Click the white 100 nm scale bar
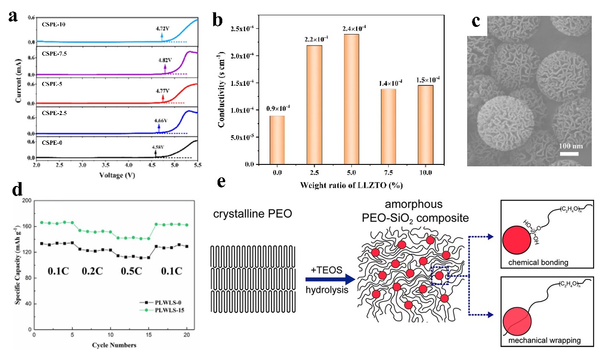[x=570, y=154]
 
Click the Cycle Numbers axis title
[x=113, y=345]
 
